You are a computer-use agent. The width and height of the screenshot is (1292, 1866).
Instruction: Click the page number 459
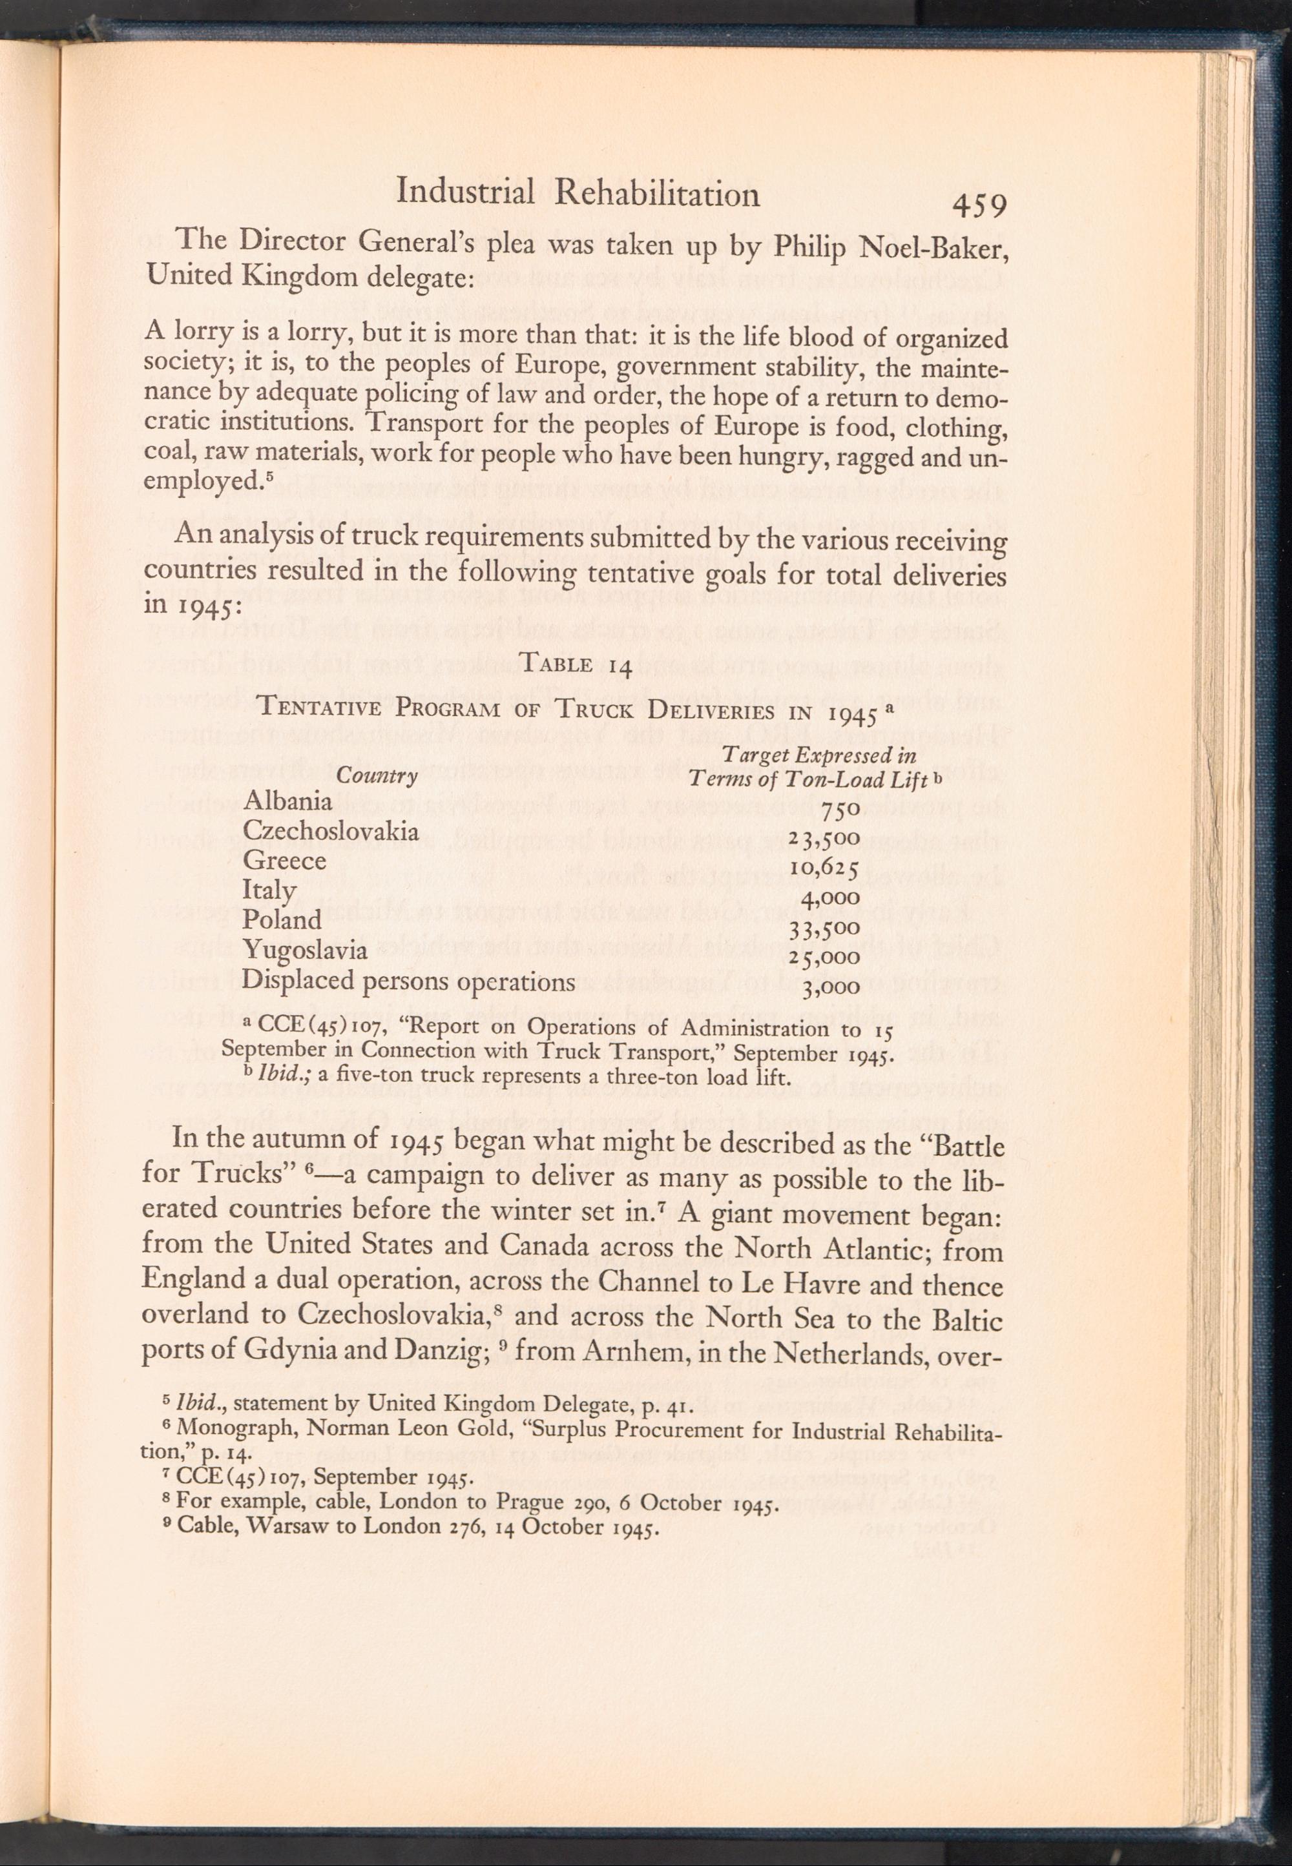point(979,207)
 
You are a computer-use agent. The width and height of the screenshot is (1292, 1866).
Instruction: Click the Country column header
point(377,777)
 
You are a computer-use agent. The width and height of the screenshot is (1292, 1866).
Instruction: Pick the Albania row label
point(287,801)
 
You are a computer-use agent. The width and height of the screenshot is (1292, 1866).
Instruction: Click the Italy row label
point(269,891)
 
